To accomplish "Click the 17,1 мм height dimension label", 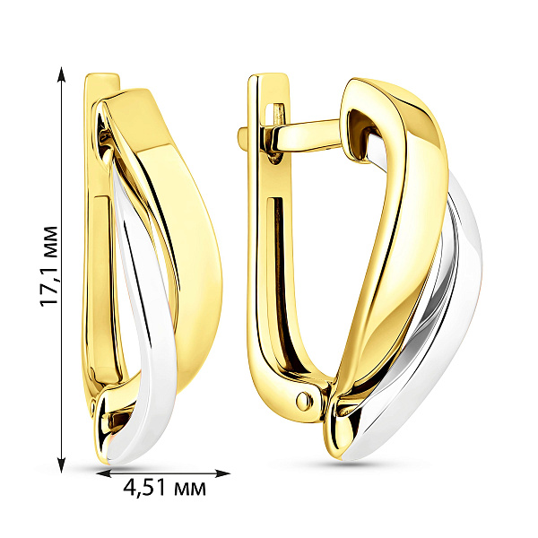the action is [48, 266].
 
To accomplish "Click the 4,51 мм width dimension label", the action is [165, 487].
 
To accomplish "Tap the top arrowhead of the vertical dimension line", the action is [61, 74].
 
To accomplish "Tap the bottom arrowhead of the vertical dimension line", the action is [61, 464].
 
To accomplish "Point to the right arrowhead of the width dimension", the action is [222, 473].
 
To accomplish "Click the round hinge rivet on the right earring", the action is [304, 400].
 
